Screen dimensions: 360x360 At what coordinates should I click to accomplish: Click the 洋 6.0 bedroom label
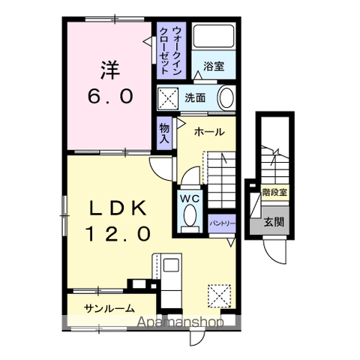(110, 82)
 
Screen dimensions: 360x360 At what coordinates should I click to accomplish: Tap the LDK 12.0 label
(118, 220)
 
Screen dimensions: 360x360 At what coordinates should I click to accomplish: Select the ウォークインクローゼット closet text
(170, 50)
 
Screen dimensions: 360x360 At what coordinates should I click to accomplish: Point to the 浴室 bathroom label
(214, 66)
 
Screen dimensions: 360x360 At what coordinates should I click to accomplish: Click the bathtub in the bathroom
(214, 36)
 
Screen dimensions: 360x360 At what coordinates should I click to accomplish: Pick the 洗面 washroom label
(195, 97)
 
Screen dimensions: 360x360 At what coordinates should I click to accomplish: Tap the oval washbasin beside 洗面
(226, 97)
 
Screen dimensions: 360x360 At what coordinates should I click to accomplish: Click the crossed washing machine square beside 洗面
(168, 98)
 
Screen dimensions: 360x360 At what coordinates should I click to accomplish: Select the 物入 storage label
(164, 133)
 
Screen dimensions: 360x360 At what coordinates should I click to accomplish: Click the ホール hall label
(209, 132)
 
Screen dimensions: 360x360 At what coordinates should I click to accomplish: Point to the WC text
(190, 199)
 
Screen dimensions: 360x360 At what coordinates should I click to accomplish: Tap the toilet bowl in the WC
(190, 215)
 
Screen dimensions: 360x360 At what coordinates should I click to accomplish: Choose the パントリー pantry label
(222, 223)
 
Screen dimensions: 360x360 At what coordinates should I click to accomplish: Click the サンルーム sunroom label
(109, 308)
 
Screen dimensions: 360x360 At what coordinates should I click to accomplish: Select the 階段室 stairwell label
(274, 192)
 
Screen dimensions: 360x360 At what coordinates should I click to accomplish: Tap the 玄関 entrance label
(274, 222)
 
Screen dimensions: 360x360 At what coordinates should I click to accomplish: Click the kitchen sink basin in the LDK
(171, 265)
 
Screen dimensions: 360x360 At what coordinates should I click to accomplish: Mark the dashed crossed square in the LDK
(219, 296)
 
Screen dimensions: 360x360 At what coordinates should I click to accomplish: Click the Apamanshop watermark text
(180, 322)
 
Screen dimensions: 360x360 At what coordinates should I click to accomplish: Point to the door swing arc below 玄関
(271, 256)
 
